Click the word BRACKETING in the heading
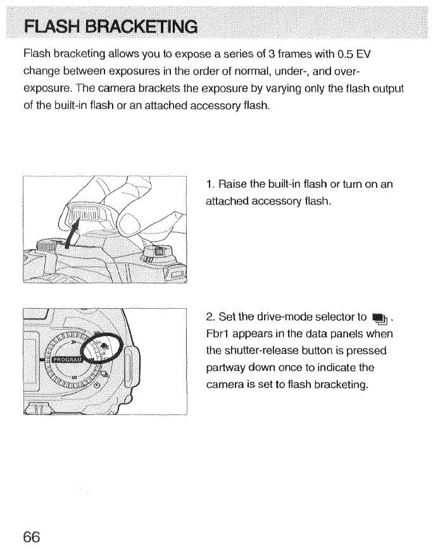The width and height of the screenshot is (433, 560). point(137,27)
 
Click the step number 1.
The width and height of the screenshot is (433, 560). point(210,185)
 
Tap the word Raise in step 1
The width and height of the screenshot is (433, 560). point(232,185)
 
